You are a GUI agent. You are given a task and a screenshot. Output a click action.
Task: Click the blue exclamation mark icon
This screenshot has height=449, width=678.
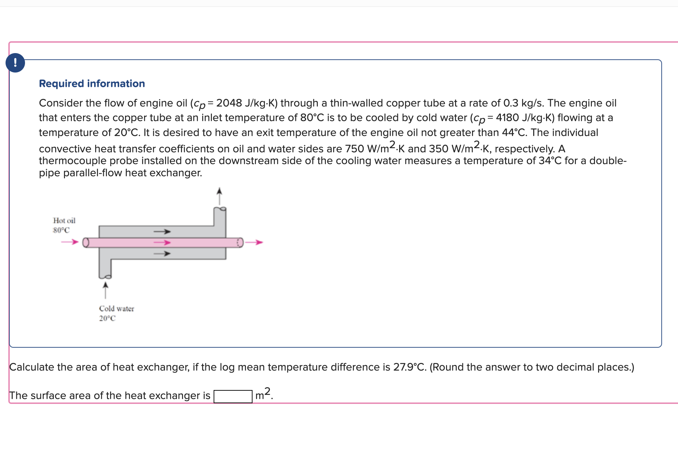(x=15, y=63)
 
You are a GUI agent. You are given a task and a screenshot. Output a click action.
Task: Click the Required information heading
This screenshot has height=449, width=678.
(x=92, y=84)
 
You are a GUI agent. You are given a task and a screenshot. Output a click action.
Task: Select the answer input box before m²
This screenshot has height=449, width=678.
(x=233, y=396)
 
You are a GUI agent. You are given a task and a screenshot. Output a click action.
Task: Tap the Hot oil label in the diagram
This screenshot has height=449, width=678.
(x=64, y=221)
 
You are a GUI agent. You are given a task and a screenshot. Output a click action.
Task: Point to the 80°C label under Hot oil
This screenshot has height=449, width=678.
(x=61, y=230)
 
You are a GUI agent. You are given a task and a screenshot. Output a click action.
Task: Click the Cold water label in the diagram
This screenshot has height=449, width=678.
(x=116, y=309)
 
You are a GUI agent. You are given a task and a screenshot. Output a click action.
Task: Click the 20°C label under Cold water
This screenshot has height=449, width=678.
(x=107, y=318)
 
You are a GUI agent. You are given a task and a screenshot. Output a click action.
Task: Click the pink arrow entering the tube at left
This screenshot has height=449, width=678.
(x=70, y=242)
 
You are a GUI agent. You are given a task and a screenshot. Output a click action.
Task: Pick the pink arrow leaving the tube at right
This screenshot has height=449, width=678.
(x=254, y=242)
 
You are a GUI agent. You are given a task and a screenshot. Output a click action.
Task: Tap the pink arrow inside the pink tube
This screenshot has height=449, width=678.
(x=162, y=242)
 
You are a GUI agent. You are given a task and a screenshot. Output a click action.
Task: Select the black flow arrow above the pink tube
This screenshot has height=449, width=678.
(x=162, y=231)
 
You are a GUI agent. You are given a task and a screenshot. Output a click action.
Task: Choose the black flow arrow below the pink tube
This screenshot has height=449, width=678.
(x=162, y=254)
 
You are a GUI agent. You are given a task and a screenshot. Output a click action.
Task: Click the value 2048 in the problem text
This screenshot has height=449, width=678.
(x=229, y=103)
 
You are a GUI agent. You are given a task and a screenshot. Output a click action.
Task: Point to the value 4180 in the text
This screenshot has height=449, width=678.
(x=507, y=118)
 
